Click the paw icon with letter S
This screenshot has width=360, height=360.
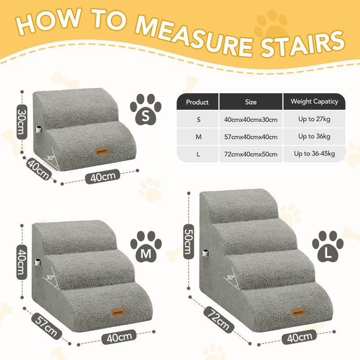(145, 109)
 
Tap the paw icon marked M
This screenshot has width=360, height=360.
(146, 247)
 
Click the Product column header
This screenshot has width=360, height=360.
(197, 102)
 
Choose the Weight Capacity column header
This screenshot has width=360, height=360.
(314, 101)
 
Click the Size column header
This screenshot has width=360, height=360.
(251, 102)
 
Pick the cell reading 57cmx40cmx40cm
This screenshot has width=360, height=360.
(251, 137)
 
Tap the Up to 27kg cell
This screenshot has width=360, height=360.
(314, 119)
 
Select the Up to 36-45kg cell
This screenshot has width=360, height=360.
(314, 154)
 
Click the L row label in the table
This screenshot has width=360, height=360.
(198, 154)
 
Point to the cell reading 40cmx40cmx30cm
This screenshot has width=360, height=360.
(251, 120)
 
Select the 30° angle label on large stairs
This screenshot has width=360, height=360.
(230, 277)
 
